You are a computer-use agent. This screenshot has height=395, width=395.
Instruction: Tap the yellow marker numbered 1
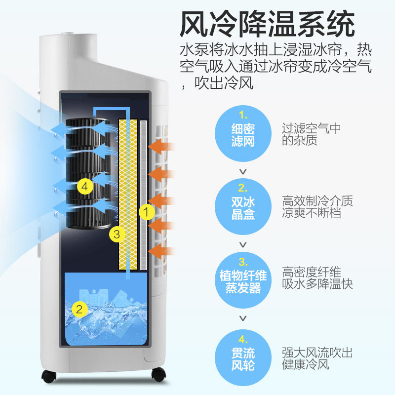[146, 212]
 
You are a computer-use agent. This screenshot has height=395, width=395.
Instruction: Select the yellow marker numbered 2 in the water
[79, 310]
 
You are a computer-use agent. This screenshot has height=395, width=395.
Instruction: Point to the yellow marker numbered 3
[117, 234]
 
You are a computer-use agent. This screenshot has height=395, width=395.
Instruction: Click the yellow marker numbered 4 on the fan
[85, 187]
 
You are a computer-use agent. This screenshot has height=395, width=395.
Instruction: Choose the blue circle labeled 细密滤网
[242, 133]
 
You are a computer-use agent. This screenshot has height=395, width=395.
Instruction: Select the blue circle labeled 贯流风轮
[242, 355]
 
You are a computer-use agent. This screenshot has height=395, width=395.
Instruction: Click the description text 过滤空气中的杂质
[312, 134]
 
